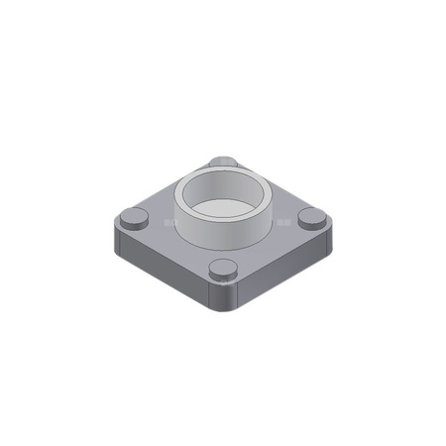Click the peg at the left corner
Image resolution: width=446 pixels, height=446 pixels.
point(134,219)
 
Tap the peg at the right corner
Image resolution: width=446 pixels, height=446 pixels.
point(312,218)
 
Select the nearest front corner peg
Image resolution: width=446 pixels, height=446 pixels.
point(223,270)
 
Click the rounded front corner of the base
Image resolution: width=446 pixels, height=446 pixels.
point(224,297)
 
